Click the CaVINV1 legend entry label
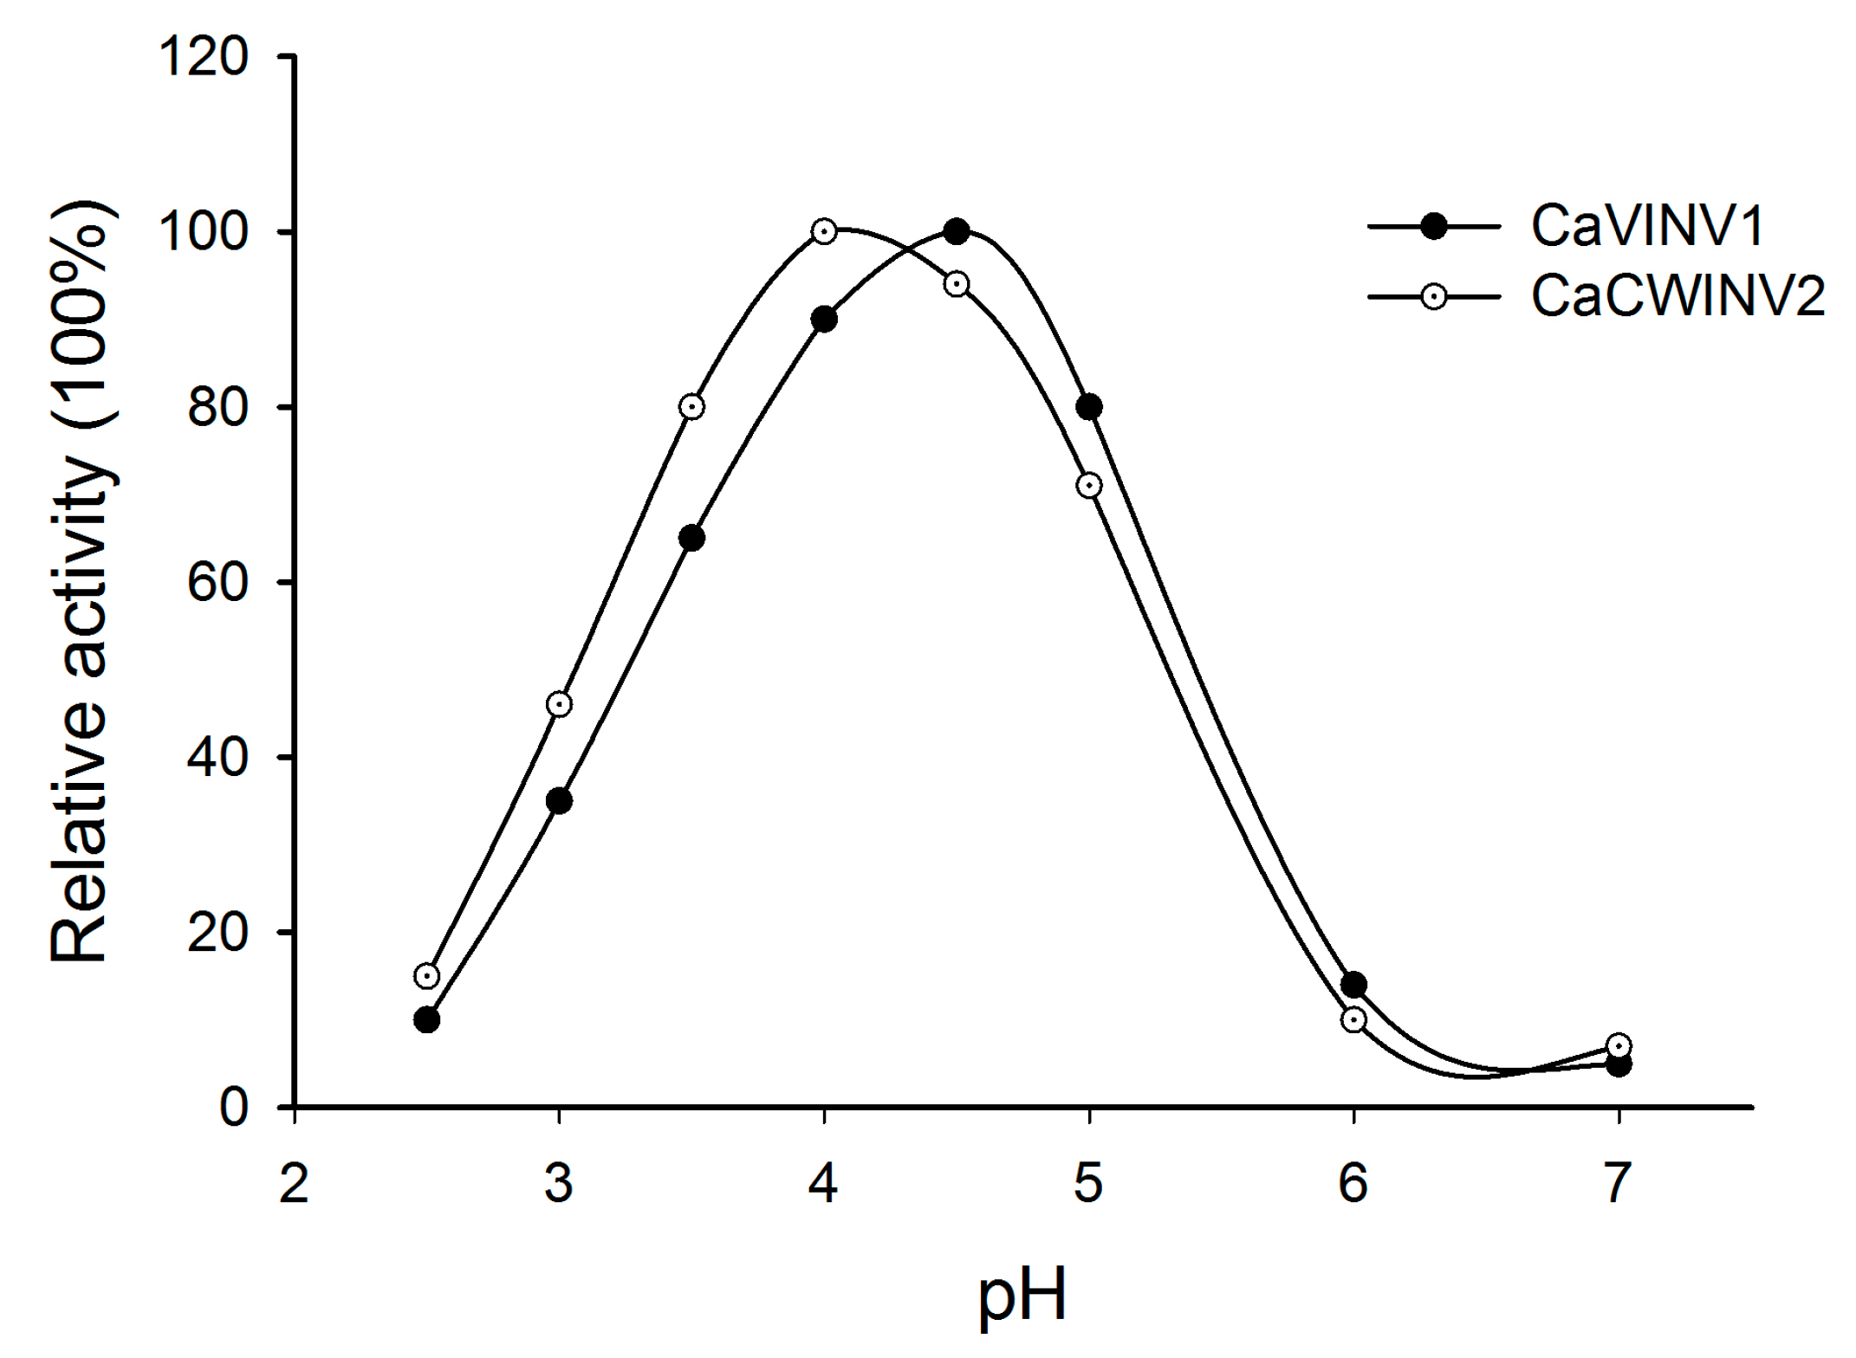click(1647, 227)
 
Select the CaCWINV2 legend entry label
click(1678, 297)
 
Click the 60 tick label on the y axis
click(217, 584)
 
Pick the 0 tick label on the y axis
click(233, 1108)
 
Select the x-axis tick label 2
click(295, 1183)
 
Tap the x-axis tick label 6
click(1353, 1183)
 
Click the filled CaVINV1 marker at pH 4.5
click(957, 232)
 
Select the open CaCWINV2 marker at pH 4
click(824, 231)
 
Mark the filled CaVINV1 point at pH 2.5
click(426, 1019)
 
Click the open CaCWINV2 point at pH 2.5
click(426, 976)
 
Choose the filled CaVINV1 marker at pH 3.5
click(691, 539)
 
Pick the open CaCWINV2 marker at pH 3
click(559, 704)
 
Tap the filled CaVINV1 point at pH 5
click(1089, 407)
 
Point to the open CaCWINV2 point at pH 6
click(1353, 1019)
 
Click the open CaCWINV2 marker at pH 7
click(1619, 1045)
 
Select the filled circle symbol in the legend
click(1433, 227)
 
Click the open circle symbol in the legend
click(1433, 297)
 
